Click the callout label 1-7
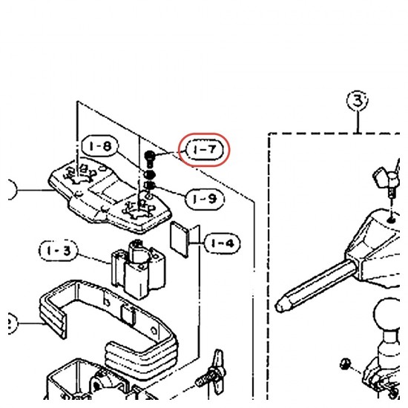205,150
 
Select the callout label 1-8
100,146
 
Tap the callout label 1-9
205,200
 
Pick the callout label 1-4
222,243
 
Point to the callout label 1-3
59,251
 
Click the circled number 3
358,100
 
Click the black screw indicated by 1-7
150,159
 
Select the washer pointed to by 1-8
150,174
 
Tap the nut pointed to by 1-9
150,185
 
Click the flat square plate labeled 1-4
179,240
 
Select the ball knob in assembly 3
387,314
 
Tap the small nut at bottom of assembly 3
346,363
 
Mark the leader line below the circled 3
358,122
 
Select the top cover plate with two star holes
109,195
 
